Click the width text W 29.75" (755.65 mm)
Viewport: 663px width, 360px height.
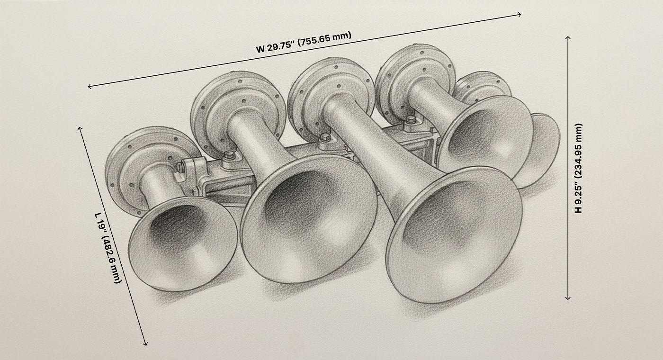pos(304,43)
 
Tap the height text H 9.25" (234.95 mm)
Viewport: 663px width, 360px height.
pos(579,168)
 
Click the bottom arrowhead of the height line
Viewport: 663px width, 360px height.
pos(568,298)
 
